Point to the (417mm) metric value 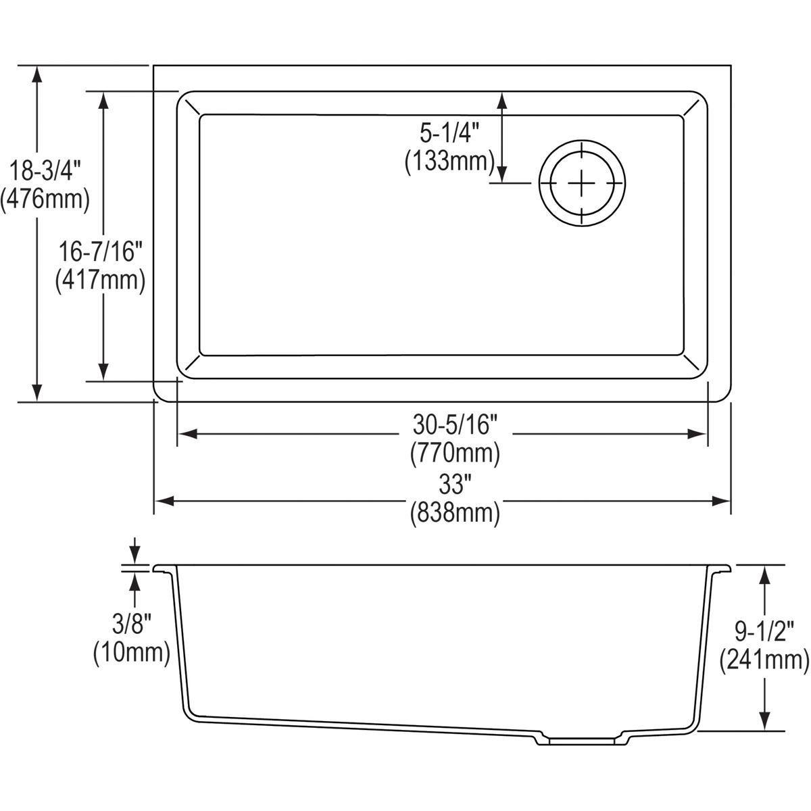click(100, 280)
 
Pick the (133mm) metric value click(449, 162)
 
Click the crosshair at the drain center click(581, 183)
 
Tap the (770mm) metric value click(455, 452)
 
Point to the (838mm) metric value click(455, 513)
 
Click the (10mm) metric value click(131, 652)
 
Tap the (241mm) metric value click(764, 658)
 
